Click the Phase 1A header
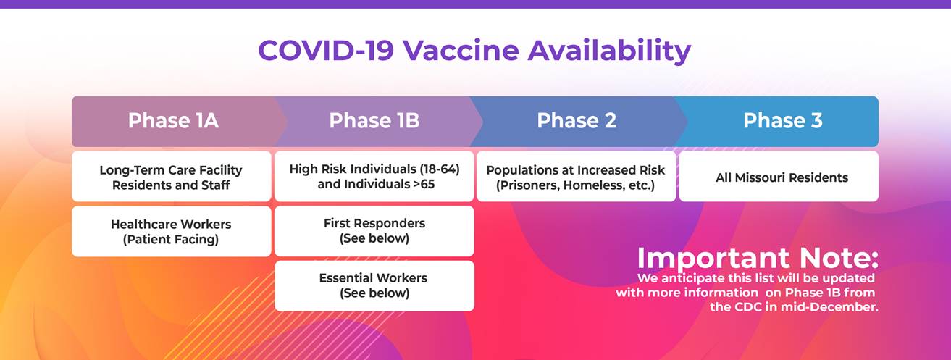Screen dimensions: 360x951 [x=172, y=121]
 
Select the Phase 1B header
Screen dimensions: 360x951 [x=374, y=121]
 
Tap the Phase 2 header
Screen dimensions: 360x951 [x=576, y=121]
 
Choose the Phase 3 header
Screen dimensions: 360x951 [x=782, y=121]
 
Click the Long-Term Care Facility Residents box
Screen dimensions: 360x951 [x=171, y=177]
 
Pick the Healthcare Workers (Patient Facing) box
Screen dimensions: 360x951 [x=171, y=232]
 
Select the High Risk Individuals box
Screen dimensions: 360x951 [x=374, y=176]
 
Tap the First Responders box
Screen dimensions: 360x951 [x=374, y=230]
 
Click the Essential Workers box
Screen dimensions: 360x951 [x=374, y=285]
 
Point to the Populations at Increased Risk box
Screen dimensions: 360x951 [x=576, y=177]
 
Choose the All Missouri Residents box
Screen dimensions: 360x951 [x=779, y=177]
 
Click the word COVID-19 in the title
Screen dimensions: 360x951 [x=326, y=51]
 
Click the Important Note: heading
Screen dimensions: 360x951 [x=757, y=258]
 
